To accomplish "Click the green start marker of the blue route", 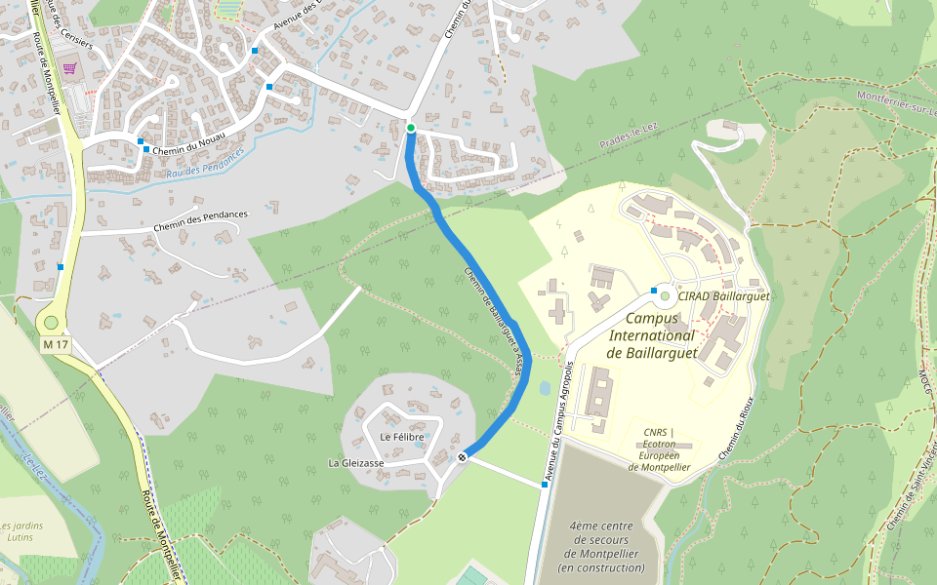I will click(x=411, y=128).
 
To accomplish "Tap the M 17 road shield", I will click(x=56, y=345).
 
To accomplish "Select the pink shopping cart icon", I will click(x=69, y=68).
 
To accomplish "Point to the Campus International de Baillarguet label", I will click(x=652, y=335).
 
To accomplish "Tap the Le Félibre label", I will click(x=401, y=437).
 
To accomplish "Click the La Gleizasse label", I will click(x=355, y=463).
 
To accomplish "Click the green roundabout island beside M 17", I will click(x=51, y=322).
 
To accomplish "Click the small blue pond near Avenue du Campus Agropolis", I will click(x=544, y=387).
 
